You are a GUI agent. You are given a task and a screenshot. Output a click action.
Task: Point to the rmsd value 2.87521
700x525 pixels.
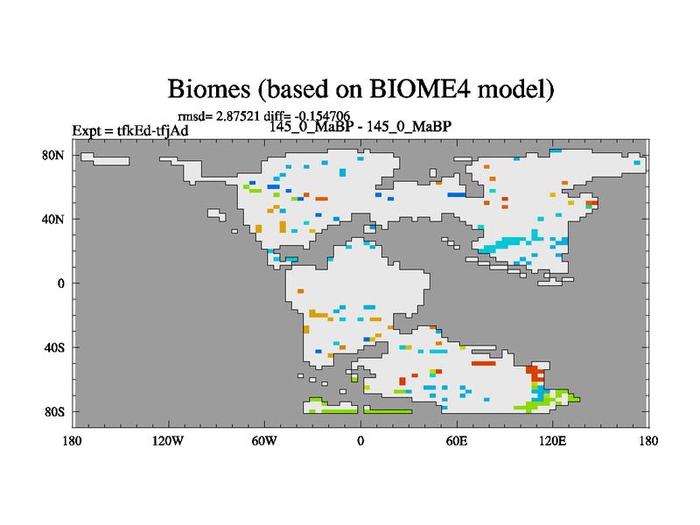(x=237, y=116)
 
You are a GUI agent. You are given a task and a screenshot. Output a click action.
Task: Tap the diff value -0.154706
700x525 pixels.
(x=322, y=116)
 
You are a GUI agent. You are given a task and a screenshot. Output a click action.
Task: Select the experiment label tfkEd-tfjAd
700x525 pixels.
(x=152, y=130)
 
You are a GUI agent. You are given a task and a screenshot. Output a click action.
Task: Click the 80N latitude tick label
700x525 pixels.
(x=53, y=156)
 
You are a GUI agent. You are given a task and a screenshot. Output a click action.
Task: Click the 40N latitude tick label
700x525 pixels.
(x=53, y=220)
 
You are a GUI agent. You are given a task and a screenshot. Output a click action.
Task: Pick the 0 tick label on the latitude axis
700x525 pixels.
(x=61, y=283)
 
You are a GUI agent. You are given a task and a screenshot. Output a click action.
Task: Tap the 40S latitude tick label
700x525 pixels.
(x=54, y=347)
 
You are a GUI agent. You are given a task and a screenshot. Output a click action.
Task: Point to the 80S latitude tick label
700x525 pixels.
(x=54, y=411)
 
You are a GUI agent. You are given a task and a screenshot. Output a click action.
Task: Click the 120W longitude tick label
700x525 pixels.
(x=168, y=441)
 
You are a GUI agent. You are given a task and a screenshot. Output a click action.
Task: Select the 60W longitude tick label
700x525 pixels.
(x=264, y=441)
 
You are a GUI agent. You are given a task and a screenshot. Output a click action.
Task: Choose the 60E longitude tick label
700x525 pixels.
(x=457, y=441)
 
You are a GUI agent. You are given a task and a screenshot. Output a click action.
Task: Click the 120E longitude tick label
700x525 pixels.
(x=552, y=441)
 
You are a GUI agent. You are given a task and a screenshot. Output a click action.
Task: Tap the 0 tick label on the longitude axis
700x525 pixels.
(x=360, y=441)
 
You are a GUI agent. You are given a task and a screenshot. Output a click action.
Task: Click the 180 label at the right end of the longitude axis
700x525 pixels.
(x=648, y=441)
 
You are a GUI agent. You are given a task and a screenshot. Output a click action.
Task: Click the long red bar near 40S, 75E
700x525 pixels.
(x=484, y=363)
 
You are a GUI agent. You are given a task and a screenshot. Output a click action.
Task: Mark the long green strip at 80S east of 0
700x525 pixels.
(x=388, y=411)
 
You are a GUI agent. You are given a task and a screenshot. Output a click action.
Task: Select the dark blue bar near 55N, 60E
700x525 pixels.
(x=456, y=194)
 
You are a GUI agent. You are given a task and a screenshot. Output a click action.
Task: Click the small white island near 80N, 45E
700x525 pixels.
(x=432, y=172)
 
